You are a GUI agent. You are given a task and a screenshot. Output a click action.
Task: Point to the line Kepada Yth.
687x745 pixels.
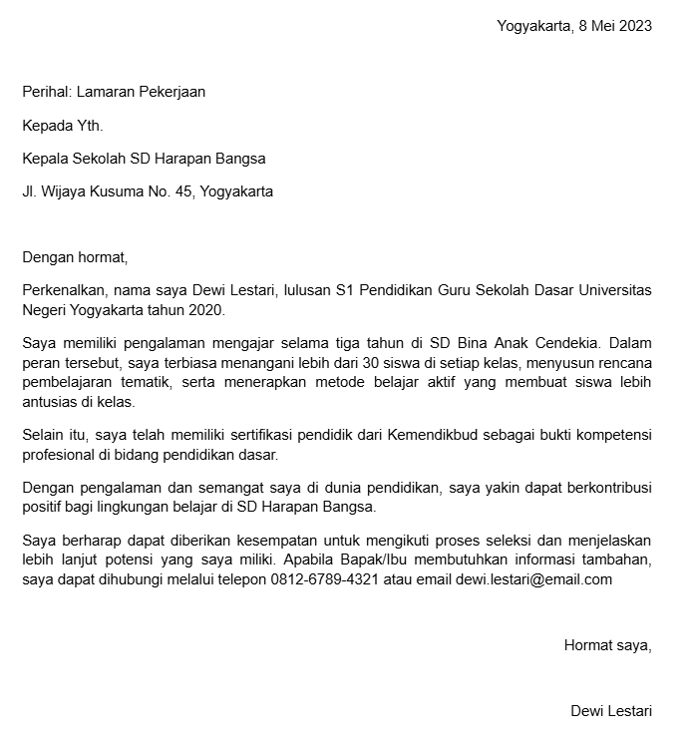pyautogui.click(x=63, y=125)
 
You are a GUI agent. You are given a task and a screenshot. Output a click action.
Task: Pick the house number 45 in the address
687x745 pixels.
pyautogui.click(x=183, y=191)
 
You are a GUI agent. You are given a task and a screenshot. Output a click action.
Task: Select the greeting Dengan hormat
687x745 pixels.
pyautogui.click(x=76, y=257)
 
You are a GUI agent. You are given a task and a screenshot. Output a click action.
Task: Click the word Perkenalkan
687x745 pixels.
pyautogui.click(x=63, y=290)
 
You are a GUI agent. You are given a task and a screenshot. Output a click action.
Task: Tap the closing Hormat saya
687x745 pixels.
pyautogui.click(x=607, y=644)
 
